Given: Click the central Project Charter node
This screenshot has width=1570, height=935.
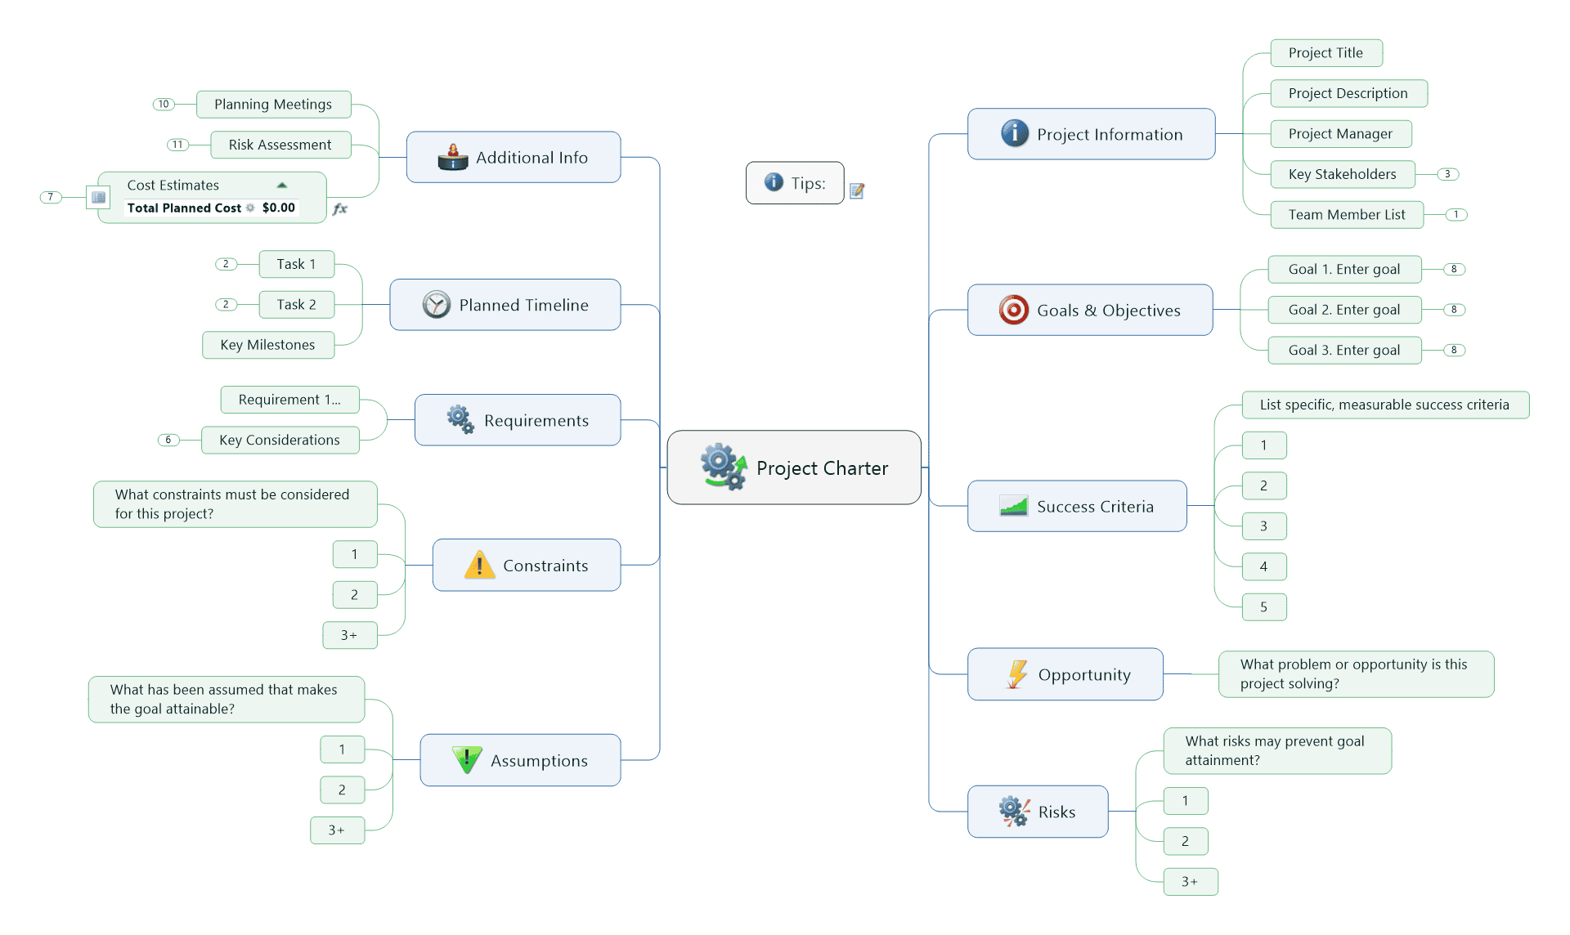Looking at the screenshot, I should [x=794, y=467].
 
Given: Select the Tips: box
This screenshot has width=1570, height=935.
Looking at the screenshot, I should [x=794, y=183].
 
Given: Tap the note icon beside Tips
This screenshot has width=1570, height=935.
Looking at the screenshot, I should [x=857, y=190].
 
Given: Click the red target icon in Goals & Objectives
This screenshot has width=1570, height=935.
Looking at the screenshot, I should [x=1013, y=311].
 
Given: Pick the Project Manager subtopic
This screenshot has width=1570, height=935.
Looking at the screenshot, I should [x=1340, y=134].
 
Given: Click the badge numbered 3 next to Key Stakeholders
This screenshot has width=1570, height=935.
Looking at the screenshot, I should [x=1447, y=174].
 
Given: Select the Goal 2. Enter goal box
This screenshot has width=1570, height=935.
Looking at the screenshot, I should [x=1343, y=310].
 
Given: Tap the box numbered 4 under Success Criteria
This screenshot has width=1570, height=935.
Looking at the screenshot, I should [x=1263, y=566].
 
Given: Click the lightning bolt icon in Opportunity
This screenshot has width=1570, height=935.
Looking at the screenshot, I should [x=1016, y=674].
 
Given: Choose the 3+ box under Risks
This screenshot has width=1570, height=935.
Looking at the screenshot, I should [x=1190, y=882].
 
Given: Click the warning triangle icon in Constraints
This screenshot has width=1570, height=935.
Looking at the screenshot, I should [x=479, y=565].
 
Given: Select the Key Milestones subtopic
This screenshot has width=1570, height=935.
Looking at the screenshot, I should [x=268, y=345].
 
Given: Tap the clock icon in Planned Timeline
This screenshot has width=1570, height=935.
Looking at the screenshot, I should [x=437, y=305].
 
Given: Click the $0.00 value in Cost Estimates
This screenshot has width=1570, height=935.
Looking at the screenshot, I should [x=278, y=208].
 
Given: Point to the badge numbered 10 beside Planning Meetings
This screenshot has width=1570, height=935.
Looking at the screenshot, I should [x=164, y=104].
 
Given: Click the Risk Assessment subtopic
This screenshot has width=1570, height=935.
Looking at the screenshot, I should [x=280, y=145].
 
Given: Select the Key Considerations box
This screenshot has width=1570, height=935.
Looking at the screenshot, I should [x=280, y=440].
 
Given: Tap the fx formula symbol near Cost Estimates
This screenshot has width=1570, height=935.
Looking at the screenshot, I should [x=340, y=209].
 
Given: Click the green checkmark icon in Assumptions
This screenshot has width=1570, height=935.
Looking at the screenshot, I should [x=467, y=759].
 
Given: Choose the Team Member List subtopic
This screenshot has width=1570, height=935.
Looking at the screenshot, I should [x=1346, y=215].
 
